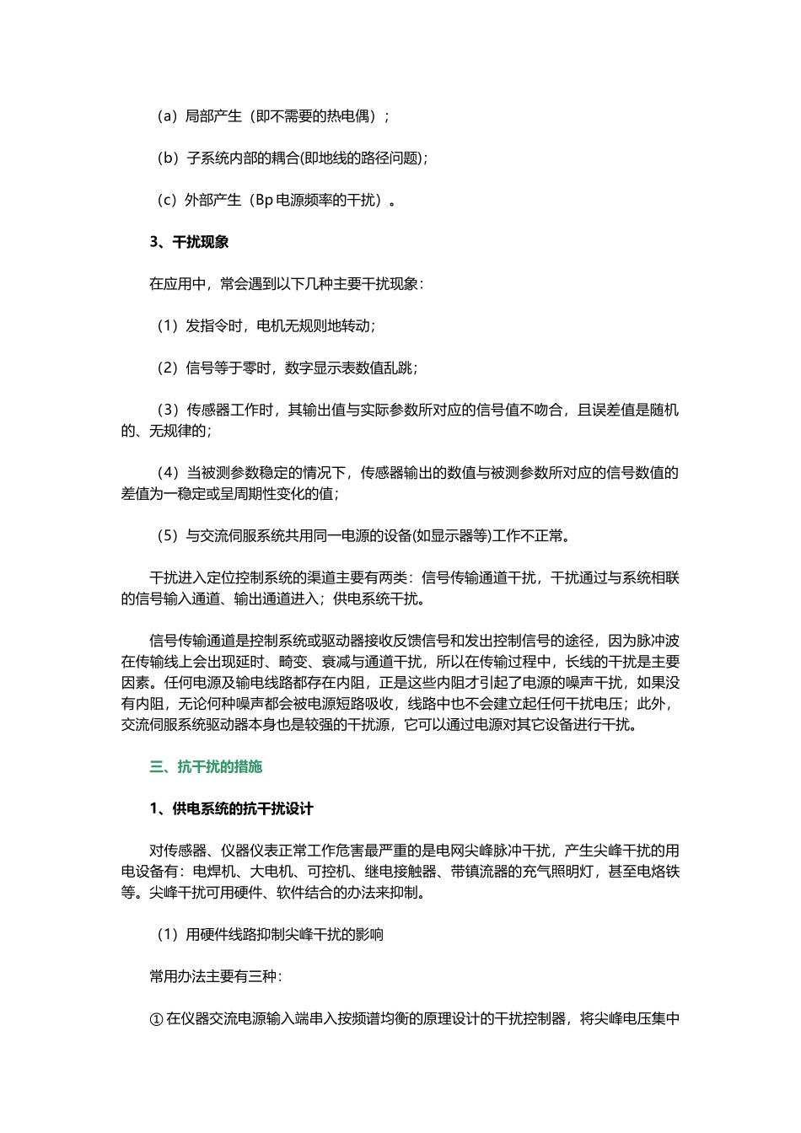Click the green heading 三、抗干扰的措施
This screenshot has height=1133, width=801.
point(206,766)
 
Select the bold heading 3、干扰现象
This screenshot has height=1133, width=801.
point(189,242)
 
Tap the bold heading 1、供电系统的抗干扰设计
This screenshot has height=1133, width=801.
point(231,808)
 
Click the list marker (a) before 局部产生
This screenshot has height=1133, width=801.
point(167,115)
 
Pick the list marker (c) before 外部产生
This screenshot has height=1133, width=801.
point(167,200)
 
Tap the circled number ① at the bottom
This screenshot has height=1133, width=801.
point(156,1018)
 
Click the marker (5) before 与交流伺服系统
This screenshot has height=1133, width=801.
point(168,535)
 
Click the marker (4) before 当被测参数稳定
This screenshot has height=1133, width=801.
point(168,473)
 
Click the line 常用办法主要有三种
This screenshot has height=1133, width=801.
point(215,976)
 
